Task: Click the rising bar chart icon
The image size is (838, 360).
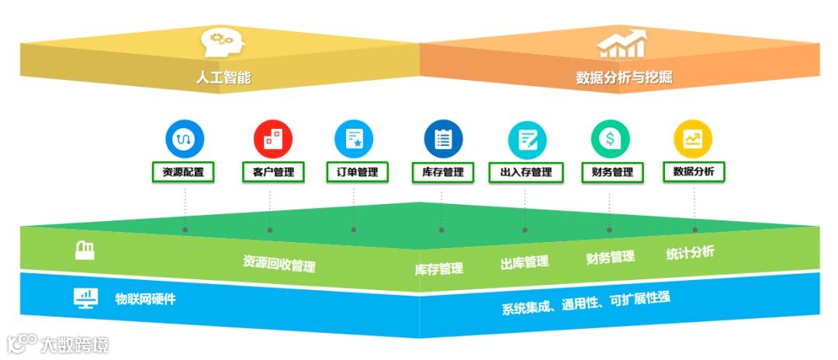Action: point(621,43)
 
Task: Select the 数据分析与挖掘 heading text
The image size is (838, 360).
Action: point(624,78)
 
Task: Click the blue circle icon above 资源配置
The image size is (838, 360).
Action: point(184,139)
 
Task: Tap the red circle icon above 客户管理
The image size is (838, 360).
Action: point(272,139)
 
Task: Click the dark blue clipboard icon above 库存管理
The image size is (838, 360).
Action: point(443,139)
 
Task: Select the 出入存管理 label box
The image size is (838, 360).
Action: point(526,172)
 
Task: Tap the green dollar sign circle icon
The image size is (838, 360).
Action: point(611,139)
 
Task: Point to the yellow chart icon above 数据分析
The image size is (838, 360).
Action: point(692,139)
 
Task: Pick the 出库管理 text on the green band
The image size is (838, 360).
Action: point(525,262)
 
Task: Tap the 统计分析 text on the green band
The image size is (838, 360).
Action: point(690,252)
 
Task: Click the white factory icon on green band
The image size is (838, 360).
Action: point(85,250)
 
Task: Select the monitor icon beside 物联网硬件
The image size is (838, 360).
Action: point(85,298)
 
